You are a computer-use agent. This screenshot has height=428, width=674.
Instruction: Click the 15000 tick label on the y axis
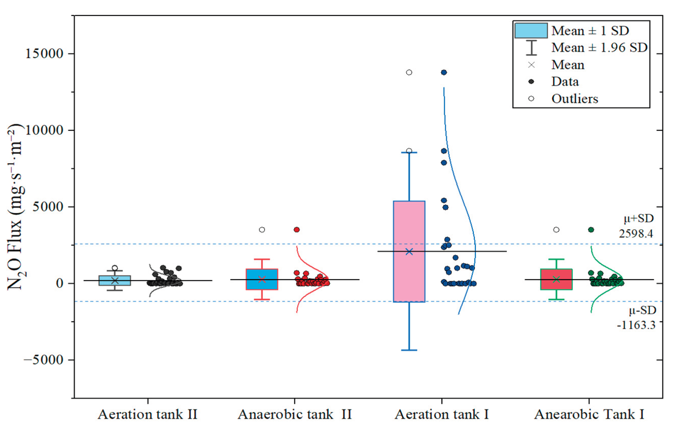[44, 54]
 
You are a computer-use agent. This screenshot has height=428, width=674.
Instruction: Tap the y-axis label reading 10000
[44, 130]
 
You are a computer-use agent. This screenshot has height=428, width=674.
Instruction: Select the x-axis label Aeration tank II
[147, 414]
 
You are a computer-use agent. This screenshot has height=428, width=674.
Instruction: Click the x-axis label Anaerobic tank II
[295, 414]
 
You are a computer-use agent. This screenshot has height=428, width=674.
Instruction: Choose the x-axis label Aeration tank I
[442, 414]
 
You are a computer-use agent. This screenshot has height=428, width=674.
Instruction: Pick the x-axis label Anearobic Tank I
[589, 414]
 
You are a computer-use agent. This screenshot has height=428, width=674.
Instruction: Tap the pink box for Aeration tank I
[409, 224]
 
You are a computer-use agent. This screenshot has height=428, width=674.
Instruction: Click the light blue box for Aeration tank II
[115, 281]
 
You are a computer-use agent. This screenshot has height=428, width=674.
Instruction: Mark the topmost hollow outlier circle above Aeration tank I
[409, 73]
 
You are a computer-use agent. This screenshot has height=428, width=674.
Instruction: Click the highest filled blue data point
[444, 73]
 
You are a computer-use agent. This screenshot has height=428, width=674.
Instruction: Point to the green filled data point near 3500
[591, 230]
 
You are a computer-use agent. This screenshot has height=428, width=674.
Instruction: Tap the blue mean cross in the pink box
[409, 252]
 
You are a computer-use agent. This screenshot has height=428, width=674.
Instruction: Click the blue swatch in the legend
[531, 30]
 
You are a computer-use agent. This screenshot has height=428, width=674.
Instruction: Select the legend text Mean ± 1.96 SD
[599, 48]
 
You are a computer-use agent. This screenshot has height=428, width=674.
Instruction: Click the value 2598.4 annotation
[636, 233]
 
